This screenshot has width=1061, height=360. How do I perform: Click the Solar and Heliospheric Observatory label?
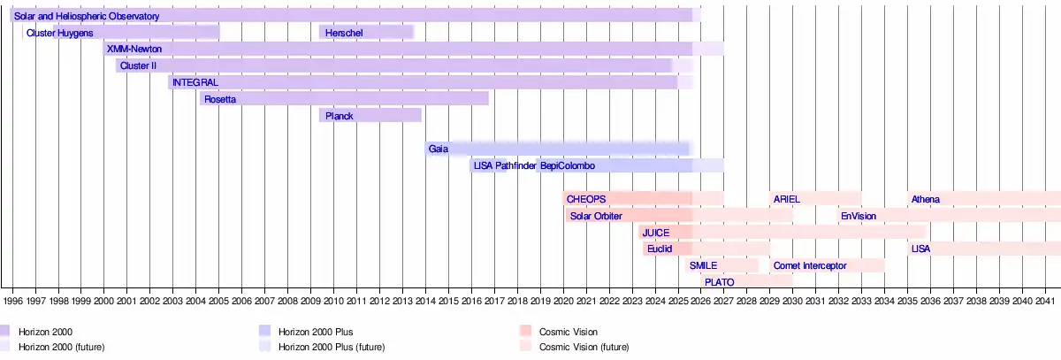tap(87, 17)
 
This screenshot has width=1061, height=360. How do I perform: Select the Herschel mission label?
tap(341, 34)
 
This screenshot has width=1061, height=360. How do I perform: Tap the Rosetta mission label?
tap(220, 100)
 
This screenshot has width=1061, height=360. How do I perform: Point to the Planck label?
tap(340, 116)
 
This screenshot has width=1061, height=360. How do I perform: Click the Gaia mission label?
tap(439, 149)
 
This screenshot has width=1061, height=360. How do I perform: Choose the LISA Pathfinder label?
tap(505, 166)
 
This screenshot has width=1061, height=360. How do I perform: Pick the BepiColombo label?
tap(568, 166)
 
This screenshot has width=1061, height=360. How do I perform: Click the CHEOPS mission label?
tap(586, 200)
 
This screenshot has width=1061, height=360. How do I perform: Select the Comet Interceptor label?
tap(810, 265)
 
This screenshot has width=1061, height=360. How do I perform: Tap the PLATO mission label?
tap(720, 282)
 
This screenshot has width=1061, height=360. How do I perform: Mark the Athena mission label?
tap(926, 200)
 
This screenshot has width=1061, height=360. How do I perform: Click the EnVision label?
tap(859, 216)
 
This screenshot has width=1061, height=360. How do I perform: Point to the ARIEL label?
tap(786, 200)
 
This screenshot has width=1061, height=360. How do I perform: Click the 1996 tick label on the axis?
tap(13, 302)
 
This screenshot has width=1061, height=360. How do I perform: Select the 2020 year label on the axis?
tap(563, 302)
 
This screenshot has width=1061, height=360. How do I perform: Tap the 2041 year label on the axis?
tap(1046, 302)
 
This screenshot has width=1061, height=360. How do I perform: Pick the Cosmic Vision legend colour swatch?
tap(525, 332)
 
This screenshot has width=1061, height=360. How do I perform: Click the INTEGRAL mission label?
tap(195, 83)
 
